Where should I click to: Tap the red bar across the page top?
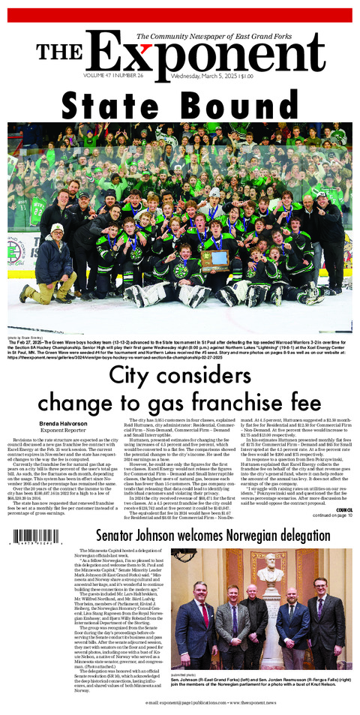point(180,14)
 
